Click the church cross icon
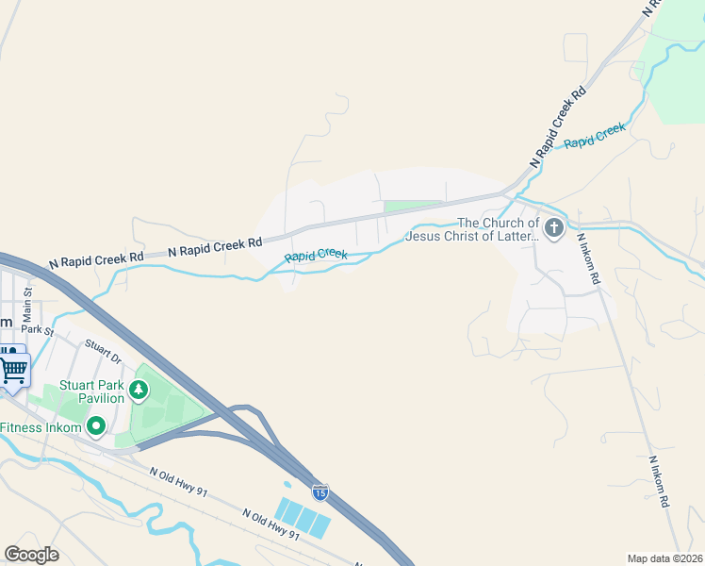pyautogui.click(x=553, y=227)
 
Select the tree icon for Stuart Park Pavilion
pyautogui.click(x=139, y=389)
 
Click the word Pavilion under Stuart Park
pyautogui.click(x=95, y=398)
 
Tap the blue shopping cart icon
pyautogui.click(x=13, y=368)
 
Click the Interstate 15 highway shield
pyautogui.click(x=320, y=491)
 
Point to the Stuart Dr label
pyautogui.click(x=104, y=352)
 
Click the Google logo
pyautogui.click(x=31, y=555)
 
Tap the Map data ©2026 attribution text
pyautogui.click(x=664, y=558)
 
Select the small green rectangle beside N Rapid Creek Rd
pyautogui.click(x=412, y=207)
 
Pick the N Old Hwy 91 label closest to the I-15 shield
pyautogui.click(x=271, y=524)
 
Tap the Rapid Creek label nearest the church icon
pyautogui.click(x=595, y=136)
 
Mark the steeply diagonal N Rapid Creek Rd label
pyautogui.click(x=558, y=127)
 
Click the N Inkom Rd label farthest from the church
pyautogui.click(x=658, y=482)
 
